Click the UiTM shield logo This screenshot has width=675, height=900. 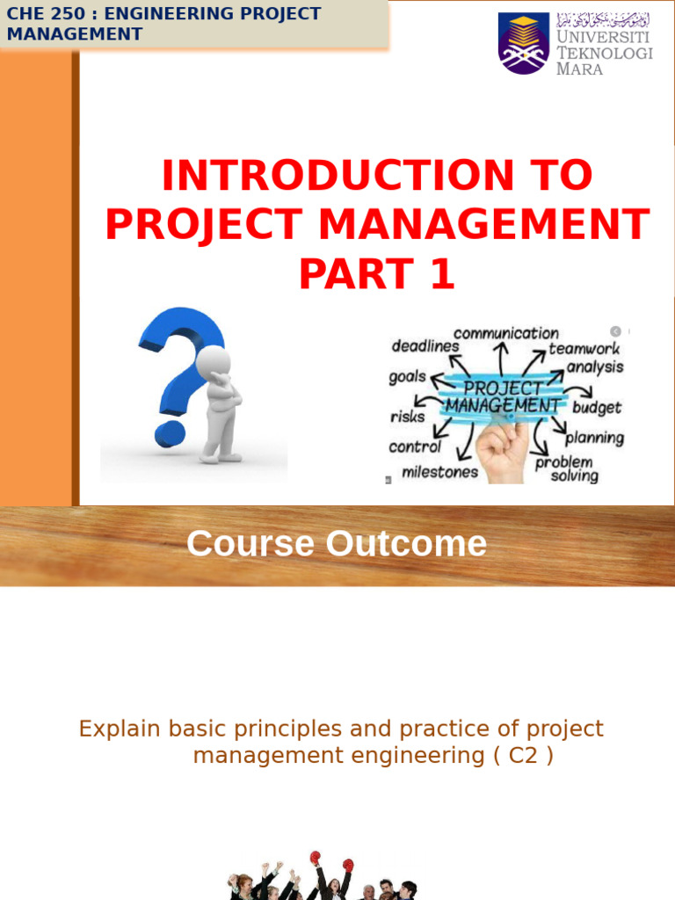point(524,42)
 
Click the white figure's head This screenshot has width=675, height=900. point(213,360)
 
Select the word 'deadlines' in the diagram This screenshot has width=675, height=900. point(425,346)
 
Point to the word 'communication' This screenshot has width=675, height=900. point(505,333)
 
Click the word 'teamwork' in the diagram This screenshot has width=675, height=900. point(584,348)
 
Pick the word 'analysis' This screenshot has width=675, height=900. point(594,367)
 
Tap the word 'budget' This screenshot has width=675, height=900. point(597,408)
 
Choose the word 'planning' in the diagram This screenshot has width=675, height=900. point(594,437)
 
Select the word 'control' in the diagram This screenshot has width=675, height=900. point(415,446)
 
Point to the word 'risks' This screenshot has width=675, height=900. point(407,417)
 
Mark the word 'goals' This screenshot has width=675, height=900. point(408,378)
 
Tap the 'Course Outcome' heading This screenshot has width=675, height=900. point(336,544)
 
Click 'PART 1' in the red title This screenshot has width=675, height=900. point(377,274)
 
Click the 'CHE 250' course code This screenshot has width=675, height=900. point(38,14)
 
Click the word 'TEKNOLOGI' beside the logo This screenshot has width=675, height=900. point(605,54)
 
